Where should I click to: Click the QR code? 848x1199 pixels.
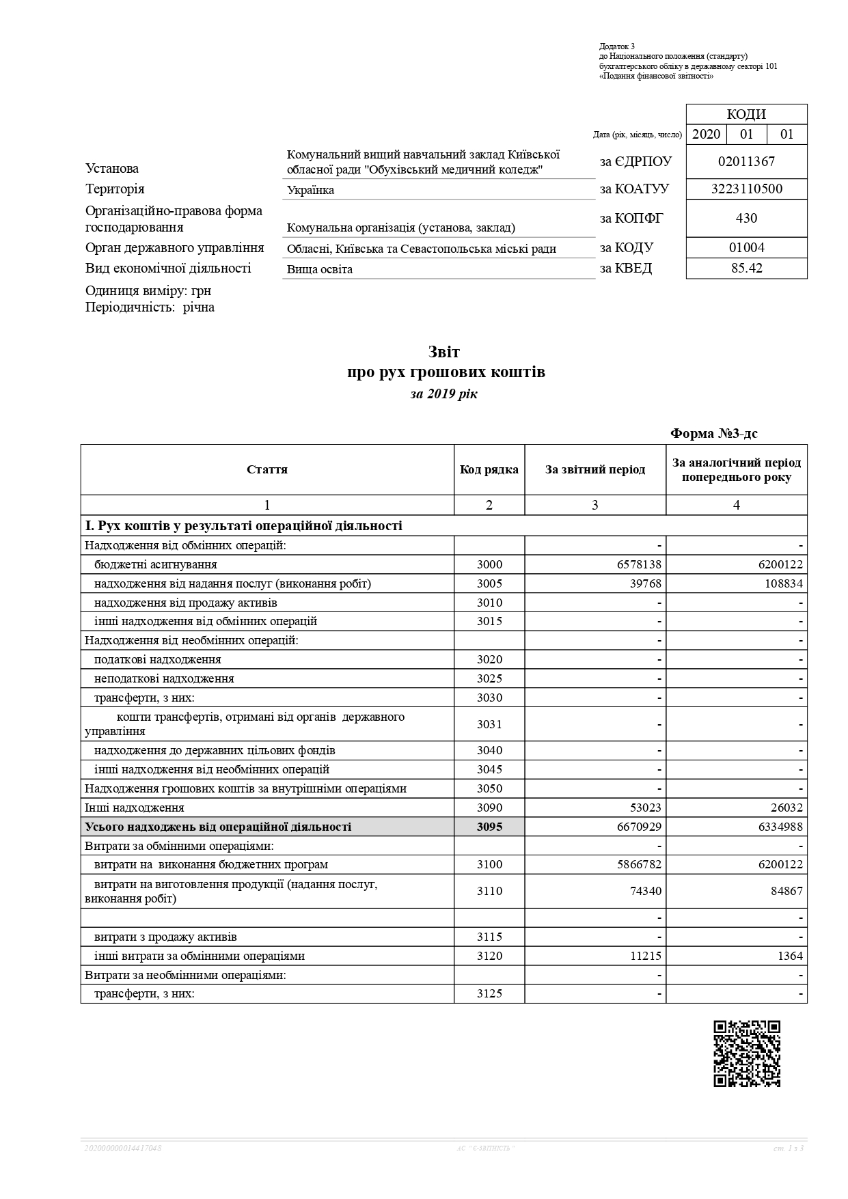pos(747,1053)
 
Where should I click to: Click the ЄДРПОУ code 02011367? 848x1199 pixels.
pos(746,162)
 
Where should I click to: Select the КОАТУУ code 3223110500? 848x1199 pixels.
pos(746,189)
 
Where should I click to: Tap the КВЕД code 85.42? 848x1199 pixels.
pos(746,268)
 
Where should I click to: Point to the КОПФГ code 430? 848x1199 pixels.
pos(746,219)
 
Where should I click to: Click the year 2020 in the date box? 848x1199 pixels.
pos(706,134)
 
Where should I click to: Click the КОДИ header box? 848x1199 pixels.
pos(746,114)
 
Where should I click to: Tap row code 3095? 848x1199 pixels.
pos(489,827)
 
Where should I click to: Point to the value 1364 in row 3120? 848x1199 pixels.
pos(790,956)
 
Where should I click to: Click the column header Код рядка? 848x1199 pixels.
pos(489,470)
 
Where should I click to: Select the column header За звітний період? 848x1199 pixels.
pos(595,470)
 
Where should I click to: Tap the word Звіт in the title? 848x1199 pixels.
pos(444,353)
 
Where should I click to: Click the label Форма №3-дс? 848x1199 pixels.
pos(714,434)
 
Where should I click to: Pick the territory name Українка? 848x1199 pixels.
pos(310,191)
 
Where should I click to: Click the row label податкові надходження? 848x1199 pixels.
pos(158,660)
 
